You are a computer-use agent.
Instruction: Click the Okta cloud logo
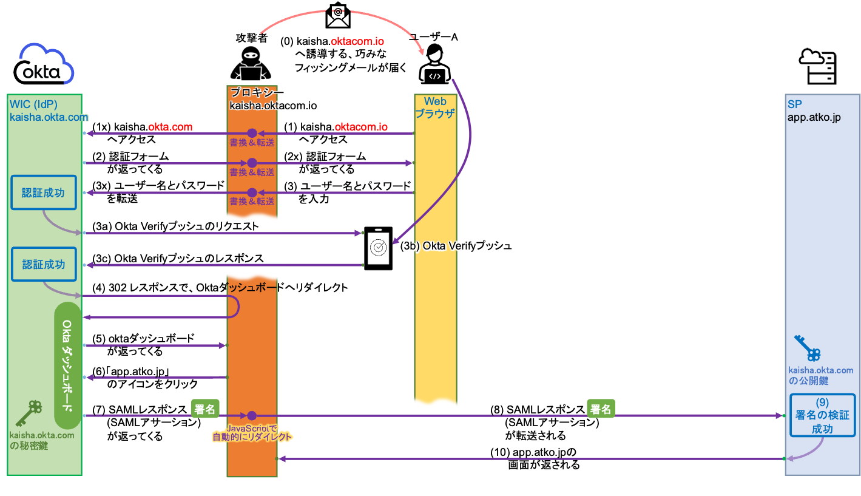point(46,64)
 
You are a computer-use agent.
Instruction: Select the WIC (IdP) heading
point(33,104)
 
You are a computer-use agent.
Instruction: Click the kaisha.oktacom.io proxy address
point(273,106)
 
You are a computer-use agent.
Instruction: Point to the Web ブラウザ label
point(434,107)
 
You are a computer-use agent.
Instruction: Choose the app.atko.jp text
point(814,118)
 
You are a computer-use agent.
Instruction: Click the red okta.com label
point(171,127)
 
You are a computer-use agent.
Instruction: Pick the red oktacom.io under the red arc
point(357,42)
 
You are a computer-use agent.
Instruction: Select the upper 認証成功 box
point(44,193)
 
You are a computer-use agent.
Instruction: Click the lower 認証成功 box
point(44,265)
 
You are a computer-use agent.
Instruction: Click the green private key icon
point(29,413)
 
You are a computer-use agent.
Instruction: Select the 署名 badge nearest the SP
point(601,409)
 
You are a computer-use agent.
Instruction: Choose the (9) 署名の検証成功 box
point(822,415)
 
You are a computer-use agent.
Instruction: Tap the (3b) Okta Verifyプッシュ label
point(456,247)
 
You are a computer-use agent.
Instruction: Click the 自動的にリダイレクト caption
point(252,437)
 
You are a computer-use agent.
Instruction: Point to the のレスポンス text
point(235,259)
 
